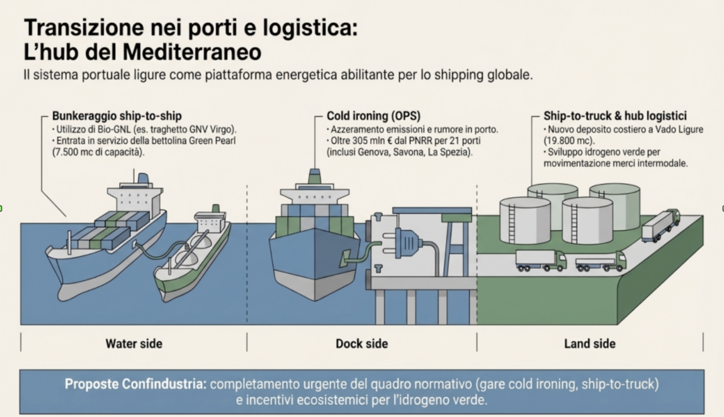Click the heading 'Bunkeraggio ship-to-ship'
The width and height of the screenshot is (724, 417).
coord(117,115)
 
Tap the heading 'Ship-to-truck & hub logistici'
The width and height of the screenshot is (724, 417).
coord(615,115)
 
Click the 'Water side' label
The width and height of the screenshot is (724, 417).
coord(134,344)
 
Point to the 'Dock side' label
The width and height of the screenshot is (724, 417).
coord(362,344)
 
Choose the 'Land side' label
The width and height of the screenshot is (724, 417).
coord(590,344)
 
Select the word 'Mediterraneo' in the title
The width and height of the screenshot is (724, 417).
coord(190,51)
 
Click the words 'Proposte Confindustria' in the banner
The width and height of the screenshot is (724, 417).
coord(135,385)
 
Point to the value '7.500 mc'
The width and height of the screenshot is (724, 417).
coord(71,152)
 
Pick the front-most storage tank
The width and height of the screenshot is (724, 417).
coord(587,220)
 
